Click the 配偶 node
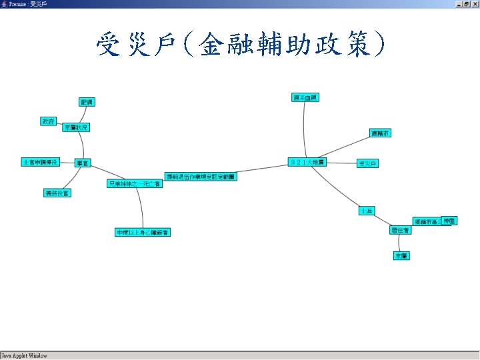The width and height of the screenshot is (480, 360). pyautogui.click(x=87, y=102)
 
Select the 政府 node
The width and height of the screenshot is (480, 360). pyautogui.click(x=48, y=121)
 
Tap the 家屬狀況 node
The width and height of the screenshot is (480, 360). pyautogui.click(x=76, y=127)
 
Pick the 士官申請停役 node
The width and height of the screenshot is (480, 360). pyautogui.click(x=40, y=162)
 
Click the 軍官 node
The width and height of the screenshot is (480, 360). pyautogui.click(x=83, y=163)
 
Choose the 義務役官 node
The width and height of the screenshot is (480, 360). pyautogui.click(x=57, y=193)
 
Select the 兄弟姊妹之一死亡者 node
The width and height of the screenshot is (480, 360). pyautogui.click(x=134, y=183)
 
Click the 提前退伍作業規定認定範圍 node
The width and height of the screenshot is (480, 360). pyautogui.click(x=200, y=177)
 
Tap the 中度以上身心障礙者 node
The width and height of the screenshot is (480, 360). pyautogui.click(x=143, y=232)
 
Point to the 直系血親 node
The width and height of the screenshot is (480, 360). pyautogui.click(x=305, y=97)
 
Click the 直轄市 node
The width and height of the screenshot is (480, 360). pyautogui.click(x=380, y=133)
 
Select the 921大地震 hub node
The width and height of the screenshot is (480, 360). pyautogui.click(x=307, y=163)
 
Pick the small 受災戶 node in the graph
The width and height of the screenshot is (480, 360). pyautogui.click(x=367, y=163)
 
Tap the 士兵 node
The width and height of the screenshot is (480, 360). pyautogui.click(x=367, y=211)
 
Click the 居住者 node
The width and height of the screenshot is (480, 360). pyautogui.click(x=401, y=230)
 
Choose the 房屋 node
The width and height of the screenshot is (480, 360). pyautogui.click(x=450, y=220)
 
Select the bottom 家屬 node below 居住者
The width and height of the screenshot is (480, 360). pyautogui.click(x=401, y=255)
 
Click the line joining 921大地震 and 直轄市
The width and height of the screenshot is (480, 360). pyautogui.click(x=347, y=147)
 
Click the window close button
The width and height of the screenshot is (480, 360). pyautogui.click(x=475, y=4)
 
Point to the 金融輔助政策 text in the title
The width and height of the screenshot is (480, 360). pyautogui.click(x=287, y=45)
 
